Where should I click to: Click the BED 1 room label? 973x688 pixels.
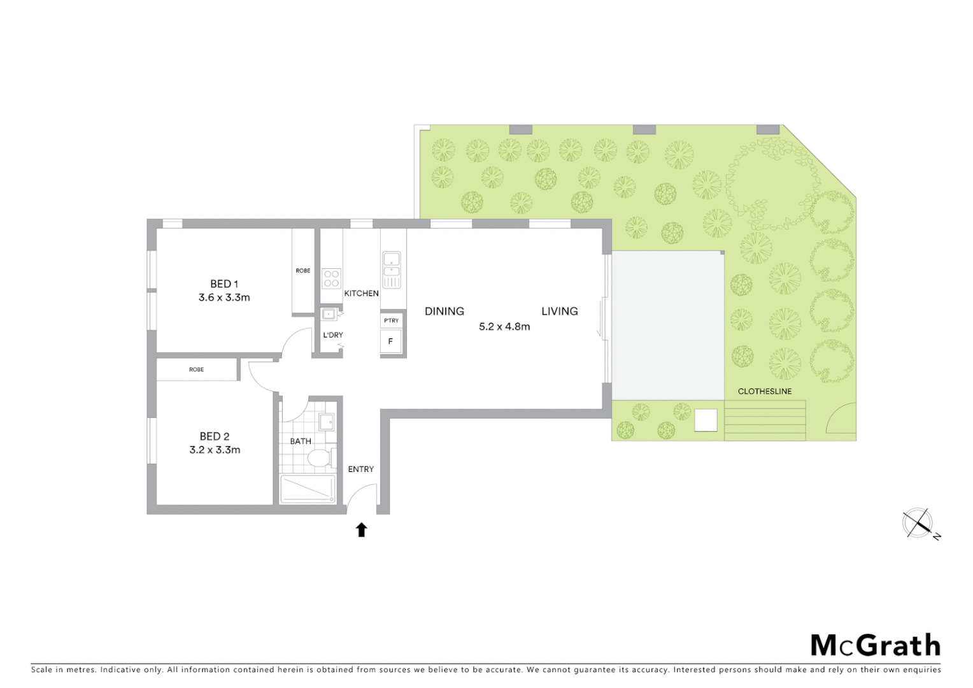coord(224,284)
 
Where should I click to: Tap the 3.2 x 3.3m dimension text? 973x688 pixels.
coord(215,450)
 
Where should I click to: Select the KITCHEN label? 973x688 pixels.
coord(361,294)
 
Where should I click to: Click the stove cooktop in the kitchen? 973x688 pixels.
coord(331,278)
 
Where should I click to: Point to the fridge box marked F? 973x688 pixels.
coord(390,341)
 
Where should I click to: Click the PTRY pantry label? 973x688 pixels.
coord(391,320)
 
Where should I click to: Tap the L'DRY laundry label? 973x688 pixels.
coord(332,335)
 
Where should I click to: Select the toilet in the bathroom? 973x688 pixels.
coord(318,457)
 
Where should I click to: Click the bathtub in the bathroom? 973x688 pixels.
coord(308,489)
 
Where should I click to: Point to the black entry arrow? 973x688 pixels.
coord(362,529)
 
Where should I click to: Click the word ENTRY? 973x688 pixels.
coord(360,469)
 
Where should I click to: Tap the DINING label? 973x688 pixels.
coord(444,312)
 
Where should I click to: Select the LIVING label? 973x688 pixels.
coord(560,312)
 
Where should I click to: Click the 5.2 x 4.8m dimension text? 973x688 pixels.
coord(504,327)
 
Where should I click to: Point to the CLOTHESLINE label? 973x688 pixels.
coord(764,391)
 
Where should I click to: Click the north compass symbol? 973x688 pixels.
coord(918,524)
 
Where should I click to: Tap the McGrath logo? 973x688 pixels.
coord(875,645)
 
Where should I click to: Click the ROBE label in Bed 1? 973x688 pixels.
coord(303,271)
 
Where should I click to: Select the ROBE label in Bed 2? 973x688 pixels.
coord(196,369)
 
